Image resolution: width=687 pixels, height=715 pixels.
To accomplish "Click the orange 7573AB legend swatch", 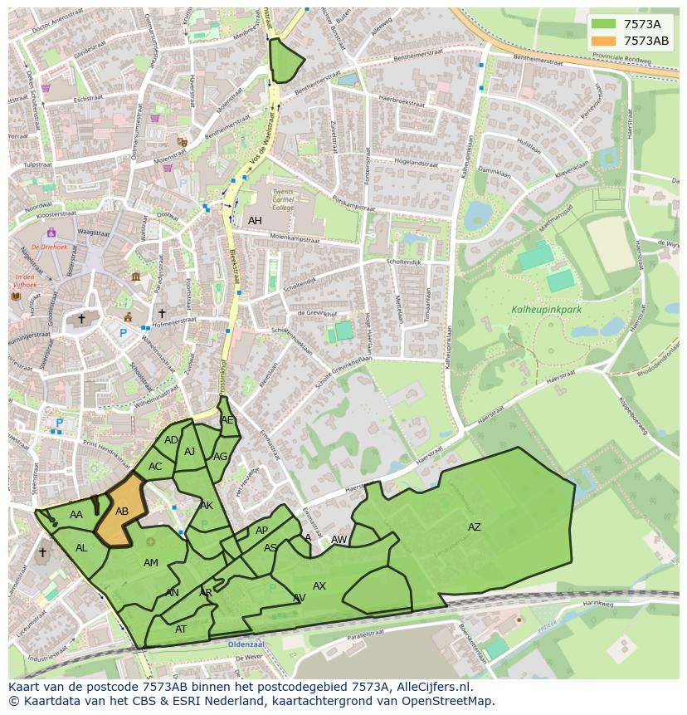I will (x=604, y=41).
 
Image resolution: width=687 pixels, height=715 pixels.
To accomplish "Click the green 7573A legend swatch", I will (x=604, y=24).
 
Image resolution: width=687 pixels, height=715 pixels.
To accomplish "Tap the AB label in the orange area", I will (x=122, y=512).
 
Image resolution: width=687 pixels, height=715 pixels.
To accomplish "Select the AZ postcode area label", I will (x=474, y=527).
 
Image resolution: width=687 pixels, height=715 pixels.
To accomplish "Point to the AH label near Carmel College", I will (x=255, y=221).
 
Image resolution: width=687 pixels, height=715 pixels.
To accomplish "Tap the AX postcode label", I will (x=319, y=586).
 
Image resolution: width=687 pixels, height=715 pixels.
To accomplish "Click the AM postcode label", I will (x=150, y=563).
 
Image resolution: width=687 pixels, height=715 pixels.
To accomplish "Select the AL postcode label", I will (x=81, y=548).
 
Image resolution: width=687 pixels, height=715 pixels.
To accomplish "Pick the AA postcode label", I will (x=76, y=515).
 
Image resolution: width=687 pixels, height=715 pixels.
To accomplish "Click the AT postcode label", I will (x=181, y=629).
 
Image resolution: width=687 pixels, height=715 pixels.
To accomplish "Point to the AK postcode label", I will (x=207, y=506).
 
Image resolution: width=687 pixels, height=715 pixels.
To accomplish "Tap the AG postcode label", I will (x=220, y=457).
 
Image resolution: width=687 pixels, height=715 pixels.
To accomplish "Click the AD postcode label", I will (x=171, y=440).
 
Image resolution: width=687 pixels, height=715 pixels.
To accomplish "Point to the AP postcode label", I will (x=261, y=531).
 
